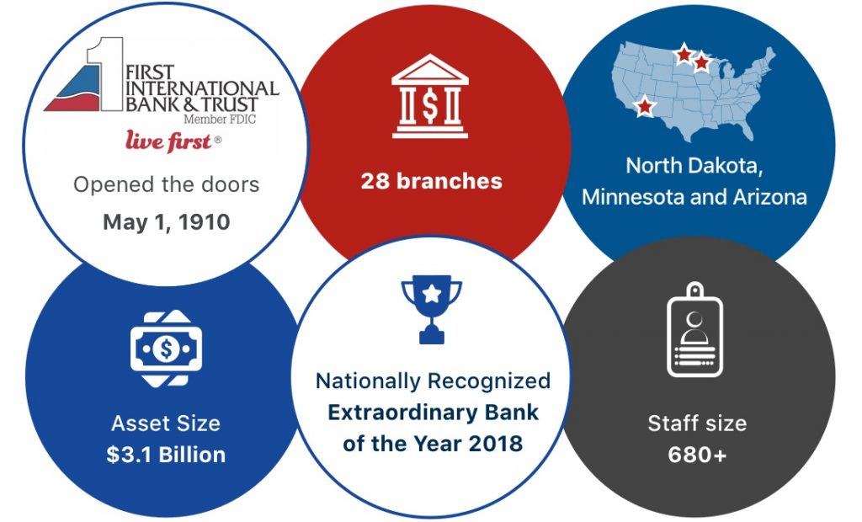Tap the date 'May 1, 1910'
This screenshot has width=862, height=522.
[167, 221]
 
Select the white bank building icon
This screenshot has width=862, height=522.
[430, 96]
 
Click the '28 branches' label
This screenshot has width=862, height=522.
[432, 181]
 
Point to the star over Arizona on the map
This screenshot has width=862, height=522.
[644, 105]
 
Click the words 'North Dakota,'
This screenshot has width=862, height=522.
[694, 165]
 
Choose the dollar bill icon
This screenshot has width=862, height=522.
[166, 349]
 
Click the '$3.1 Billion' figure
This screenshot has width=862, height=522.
[166, 455]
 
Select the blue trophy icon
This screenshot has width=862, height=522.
[432, 309]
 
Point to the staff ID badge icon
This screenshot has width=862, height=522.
[694, 329]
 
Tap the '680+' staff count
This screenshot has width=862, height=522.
[697, 455]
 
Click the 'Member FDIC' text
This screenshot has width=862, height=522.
[220, 119]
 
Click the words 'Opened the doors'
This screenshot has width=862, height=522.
[167, 185]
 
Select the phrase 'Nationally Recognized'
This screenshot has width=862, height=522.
[434, 381]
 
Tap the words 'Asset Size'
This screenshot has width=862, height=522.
[166, 423]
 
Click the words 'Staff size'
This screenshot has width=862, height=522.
[697, 423]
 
